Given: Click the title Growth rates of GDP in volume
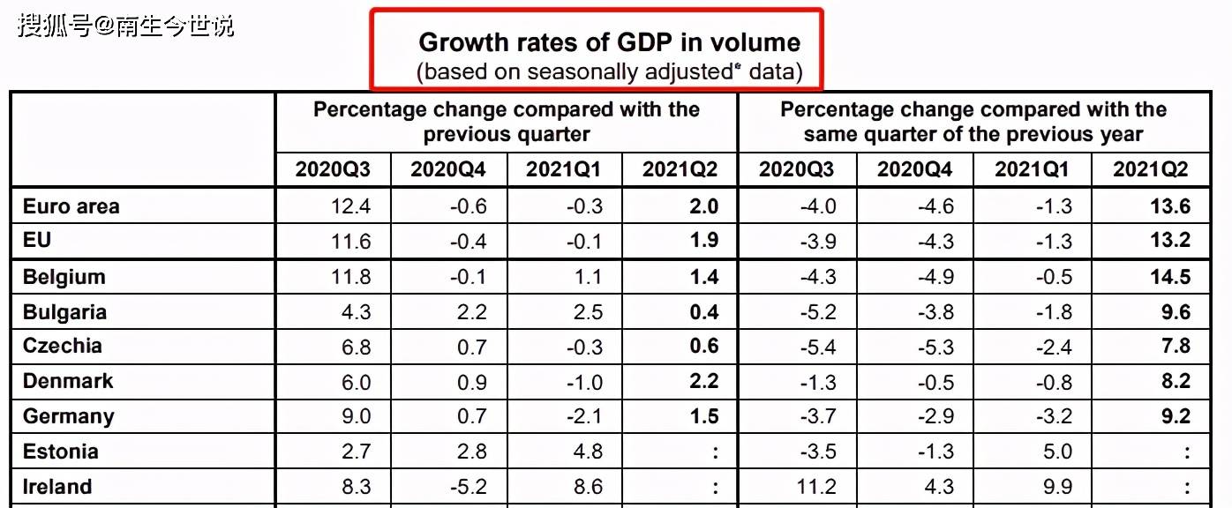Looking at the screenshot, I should (x=609, y=42).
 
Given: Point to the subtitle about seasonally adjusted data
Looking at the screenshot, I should (x=609, y=72).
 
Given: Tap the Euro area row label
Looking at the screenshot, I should (x=71, y=206).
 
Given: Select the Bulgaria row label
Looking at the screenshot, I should (x=64, y=312).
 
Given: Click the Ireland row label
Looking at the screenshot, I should (x=56, y=487).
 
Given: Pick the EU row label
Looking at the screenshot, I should (x=36, y=241).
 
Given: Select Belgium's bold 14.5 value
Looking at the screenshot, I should (x=1170, y=277).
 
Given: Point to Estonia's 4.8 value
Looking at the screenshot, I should (x=587, y=452).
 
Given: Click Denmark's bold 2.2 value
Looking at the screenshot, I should (x=703, y=381).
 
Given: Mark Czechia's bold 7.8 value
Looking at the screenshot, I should (x=1176, y=347).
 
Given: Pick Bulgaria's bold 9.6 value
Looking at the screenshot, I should (x=1176, y=312).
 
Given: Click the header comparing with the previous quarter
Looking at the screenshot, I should (x=506, y=122).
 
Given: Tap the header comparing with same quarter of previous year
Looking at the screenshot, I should (x=973, y=122).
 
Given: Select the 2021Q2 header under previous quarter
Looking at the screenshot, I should (x=680, y=169).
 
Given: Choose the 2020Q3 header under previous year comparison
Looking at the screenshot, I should (x=796, y=169).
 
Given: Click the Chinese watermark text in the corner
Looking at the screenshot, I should (x=125, y=26).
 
